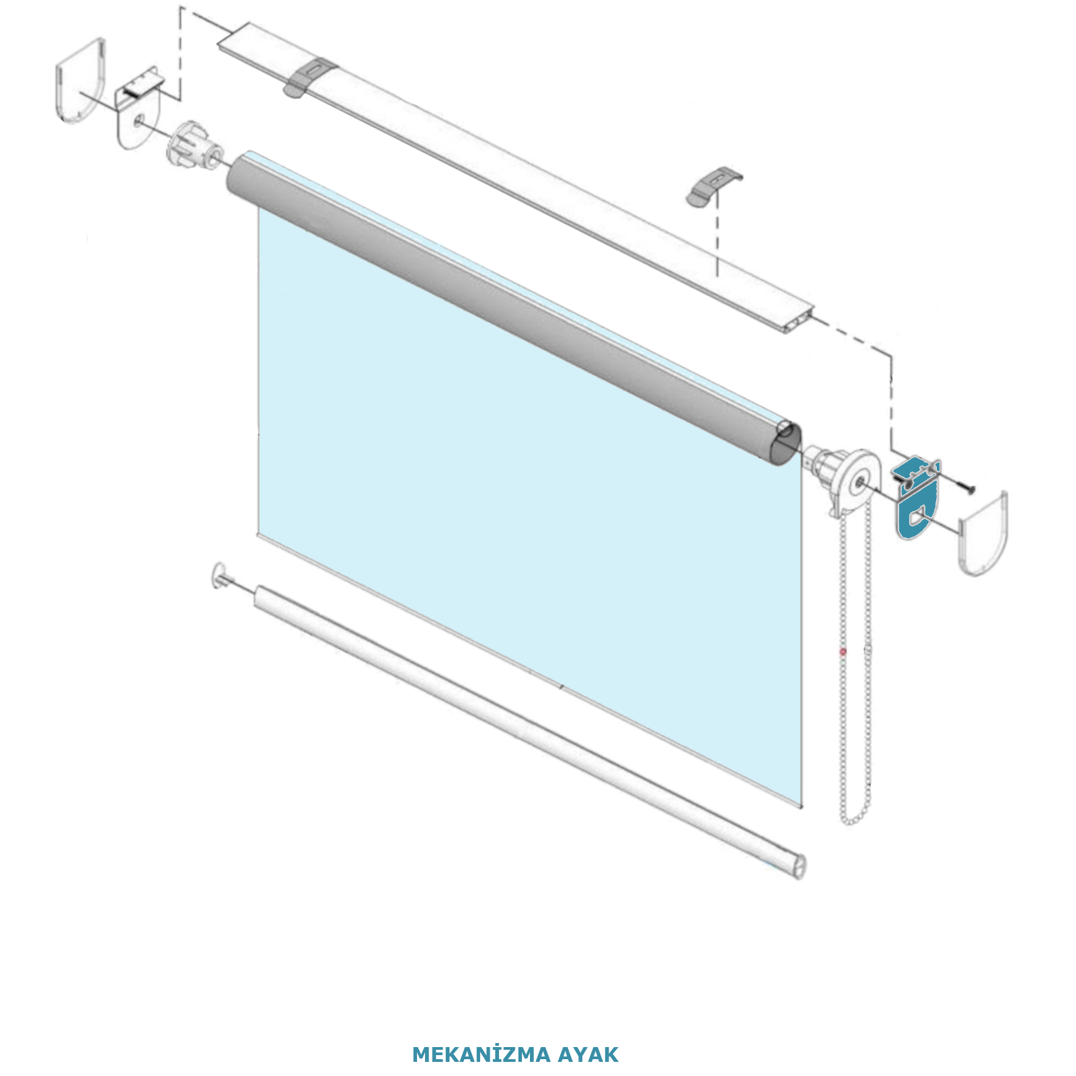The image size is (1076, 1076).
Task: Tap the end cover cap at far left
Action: [79, 81]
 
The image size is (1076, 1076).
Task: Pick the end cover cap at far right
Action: [983, 535]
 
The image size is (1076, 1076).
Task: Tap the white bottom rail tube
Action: [530, 732]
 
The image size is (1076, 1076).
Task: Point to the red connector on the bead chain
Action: [843, 652]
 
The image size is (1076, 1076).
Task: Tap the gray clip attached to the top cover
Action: [309, 77]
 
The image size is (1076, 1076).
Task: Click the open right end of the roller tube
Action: [787, 444]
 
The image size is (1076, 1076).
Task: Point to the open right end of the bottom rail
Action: [799, 866]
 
